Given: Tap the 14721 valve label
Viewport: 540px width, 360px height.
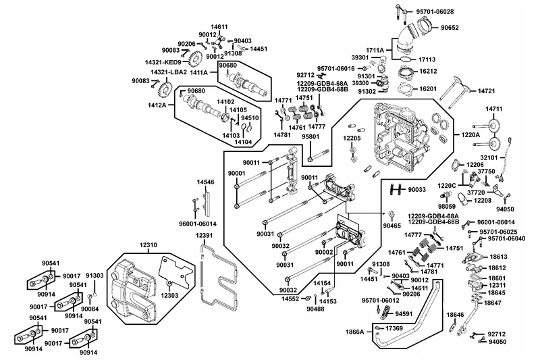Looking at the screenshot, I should coord(488,91).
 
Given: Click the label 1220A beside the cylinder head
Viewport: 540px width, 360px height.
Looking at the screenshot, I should coord(471,135).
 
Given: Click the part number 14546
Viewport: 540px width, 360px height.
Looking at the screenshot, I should coord(206,182).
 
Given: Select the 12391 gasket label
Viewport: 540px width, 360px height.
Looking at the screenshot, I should coord(205,235).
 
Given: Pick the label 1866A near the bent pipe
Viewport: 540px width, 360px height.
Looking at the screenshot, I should coord(355,332).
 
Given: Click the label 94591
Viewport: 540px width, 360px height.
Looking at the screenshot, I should coord(404,314).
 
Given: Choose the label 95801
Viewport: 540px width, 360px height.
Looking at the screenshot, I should coord(310,136).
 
